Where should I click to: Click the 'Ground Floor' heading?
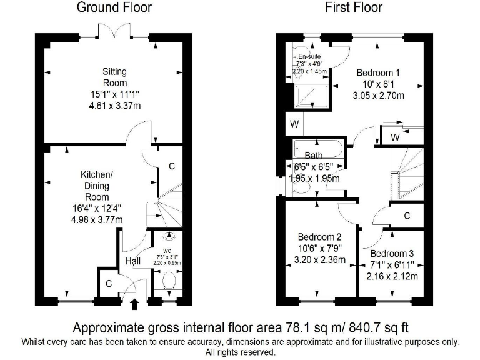point(114,8)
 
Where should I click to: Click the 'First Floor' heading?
point(354,8)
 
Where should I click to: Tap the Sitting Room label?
point(114,77)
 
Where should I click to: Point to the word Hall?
point(132,262)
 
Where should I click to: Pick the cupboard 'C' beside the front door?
point(109,283)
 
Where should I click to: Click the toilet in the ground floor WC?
point(167,282)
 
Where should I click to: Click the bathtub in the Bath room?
point(316,149)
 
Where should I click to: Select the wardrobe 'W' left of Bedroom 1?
point(294,124)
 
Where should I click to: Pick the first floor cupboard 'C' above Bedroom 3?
point(407,216)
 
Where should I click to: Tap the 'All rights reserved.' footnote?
point(240,352)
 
